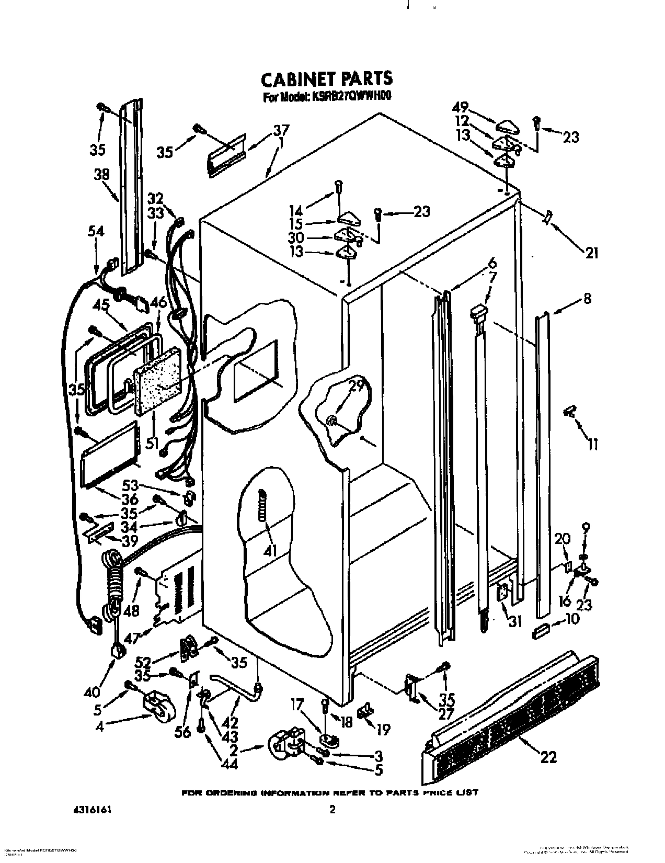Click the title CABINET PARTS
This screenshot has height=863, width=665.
point(326,78)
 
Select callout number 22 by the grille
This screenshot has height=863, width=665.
point(549,756)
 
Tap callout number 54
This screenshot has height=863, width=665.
point(96,231)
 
